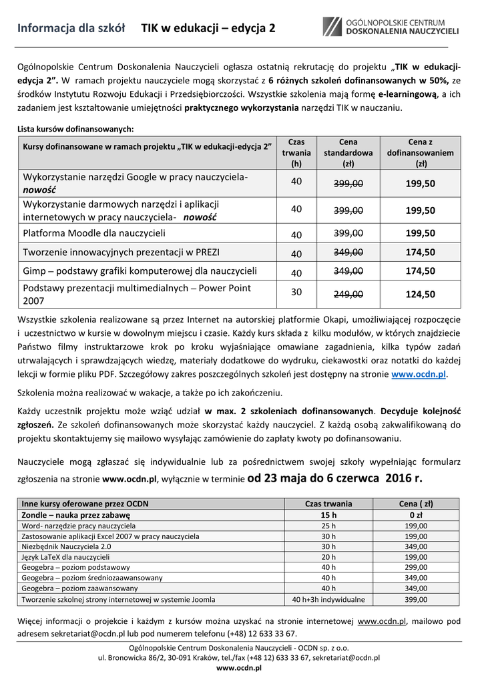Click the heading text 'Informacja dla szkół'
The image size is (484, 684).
coord(72,29)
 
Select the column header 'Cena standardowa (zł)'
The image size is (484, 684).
coord(348,152)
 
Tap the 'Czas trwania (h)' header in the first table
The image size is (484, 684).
coord(296,152)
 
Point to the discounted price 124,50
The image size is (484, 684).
coord(421,294)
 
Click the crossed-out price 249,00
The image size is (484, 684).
coord(348,294)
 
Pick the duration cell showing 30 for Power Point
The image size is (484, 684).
coord(296,291)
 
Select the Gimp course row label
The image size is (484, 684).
coord(140,271)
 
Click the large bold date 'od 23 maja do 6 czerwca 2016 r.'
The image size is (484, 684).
coord(334,478)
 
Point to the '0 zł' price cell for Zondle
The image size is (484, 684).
coord(415,515)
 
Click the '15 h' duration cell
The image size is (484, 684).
coord(328,515)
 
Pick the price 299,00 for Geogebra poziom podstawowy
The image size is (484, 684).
coord(415,567)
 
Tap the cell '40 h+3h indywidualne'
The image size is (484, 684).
coord(328,599)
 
